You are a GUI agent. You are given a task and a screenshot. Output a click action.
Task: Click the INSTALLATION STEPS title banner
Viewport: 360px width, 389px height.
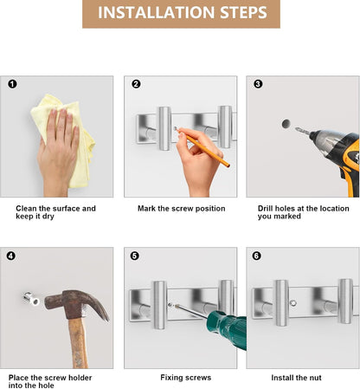181,14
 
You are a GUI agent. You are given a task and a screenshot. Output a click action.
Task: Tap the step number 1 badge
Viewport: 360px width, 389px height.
12,84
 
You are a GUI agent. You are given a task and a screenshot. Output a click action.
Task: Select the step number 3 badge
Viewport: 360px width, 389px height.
258,84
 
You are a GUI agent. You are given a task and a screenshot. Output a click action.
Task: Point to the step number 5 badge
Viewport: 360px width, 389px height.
134,256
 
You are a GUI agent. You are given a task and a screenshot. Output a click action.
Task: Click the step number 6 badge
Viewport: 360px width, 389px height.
256,256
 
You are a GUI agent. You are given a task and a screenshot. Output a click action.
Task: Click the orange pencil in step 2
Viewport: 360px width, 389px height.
203,147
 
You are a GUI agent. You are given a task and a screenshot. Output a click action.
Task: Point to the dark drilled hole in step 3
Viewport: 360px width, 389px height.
286,124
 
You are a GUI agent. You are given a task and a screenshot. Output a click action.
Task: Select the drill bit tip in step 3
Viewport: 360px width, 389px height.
296,128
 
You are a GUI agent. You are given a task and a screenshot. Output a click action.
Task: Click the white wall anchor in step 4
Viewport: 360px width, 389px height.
31,299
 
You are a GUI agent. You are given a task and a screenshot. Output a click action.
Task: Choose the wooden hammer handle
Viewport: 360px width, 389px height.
79,344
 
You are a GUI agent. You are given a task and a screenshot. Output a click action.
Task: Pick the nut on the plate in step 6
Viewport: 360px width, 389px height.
293,303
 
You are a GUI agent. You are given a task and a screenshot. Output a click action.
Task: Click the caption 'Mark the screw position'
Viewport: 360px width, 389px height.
182,209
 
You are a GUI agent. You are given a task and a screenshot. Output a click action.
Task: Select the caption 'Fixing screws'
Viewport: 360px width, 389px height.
186,378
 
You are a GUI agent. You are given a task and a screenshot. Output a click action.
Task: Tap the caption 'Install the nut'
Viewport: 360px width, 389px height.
296,378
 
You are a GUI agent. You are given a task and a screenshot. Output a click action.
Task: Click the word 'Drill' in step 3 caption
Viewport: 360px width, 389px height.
265,208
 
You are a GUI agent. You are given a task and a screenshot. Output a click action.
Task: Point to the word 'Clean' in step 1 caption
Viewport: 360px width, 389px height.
26,208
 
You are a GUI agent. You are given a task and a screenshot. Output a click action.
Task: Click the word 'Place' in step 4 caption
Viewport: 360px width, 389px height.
19,378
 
